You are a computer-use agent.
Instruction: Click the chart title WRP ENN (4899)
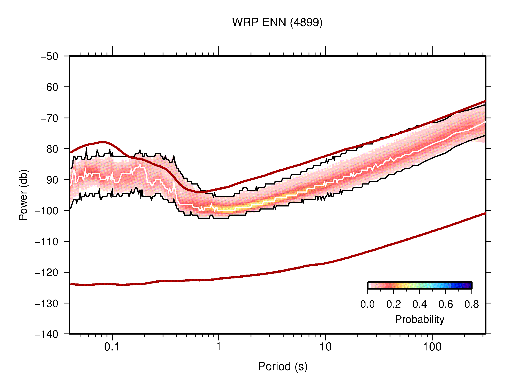click(x=277, y=23)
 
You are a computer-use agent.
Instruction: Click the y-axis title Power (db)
click(x=23, y=195)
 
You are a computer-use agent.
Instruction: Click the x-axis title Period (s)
click(x=282, y=367)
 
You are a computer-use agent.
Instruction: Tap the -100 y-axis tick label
click(x=47, y=211)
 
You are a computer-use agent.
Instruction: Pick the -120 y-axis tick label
click(x=47, y=272)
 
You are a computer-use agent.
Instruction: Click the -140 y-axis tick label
click(x=47, y=334)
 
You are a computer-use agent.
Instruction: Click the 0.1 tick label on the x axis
click(x=112, y=347)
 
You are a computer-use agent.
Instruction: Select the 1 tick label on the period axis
click(x=219, y=347)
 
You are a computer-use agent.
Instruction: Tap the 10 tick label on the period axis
click(x=325, y=347)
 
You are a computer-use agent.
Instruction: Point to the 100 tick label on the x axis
click(x=432, y=347)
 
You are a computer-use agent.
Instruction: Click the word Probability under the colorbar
click(x=419, y=320)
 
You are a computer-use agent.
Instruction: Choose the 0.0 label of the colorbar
click(x=367, y=304)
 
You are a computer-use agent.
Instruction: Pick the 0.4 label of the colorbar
click(x=420, y=304)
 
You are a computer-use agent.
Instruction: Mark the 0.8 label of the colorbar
click(x=471, y=304)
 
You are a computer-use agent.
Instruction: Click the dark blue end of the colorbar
click(x=469, y=285)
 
